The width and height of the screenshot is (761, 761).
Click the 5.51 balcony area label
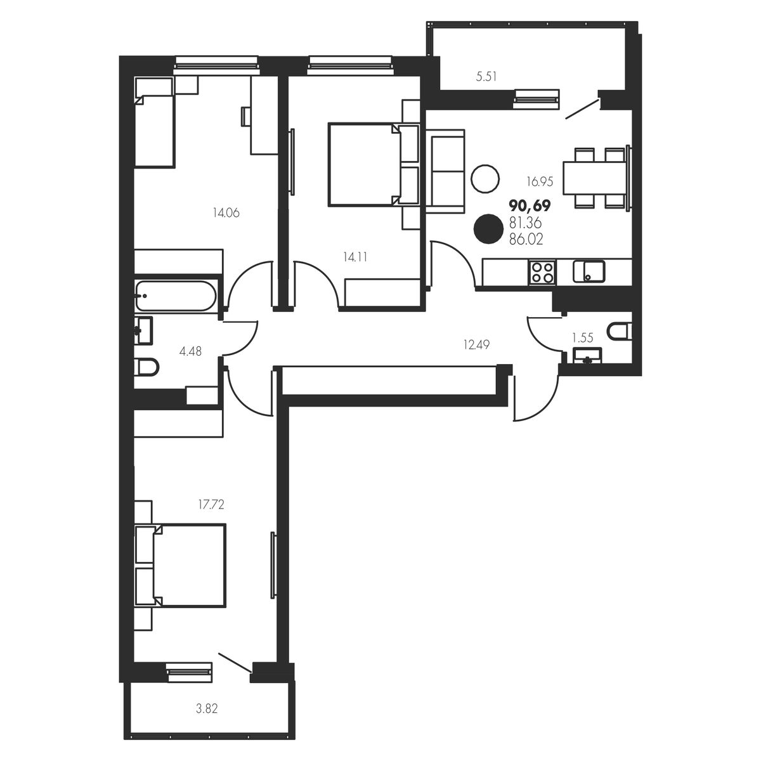pyautogui.click(x=486, y=76)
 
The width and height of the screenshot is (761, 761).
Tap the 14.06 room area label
pyautogui.click(x=226, y=213)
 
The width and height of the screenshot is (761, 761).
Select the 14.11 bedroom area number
pyautogui.click(x=355, y=257)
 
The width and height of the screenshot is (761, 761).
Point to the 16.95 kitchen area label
pyautogui.click(x=540, y=181)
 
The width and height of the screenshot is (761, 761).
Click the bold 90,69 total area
pyautogui.click(x=530, y=205)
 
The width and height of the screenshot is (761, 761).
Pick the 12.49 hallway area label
pyautogui.click(x=476, y=345)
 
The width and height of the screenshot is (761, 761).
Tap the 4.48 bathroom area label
pyautogui.click(x=190, y=351)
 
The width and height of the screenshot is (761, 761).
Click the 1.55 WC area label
pyautogui.click(x=583, y=337)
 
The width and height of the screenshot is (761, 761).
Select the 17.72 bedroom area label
pyautogui.click(x=211, y=504)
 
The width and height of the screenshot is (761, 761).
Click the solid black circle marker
pyautogui.click(x=488, y=229)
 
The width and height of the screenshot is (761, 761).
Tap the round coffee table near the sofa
pyautogui.click(x=485, y=178)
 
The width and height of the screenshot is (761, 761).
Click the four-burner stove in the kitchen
pyautogui.click(x=542, y=273)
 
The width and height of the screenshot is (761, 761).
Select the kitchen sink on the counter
pyautogui.click(x=589, y=271)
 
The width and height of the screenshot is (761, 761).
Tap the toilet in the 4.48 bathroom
pyautogui.click(x=146, y=367)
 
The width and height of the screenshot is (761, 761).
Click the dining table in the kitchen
pyautogui.click(x=595, y=178)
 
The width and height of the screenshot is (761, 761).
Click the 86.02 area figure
pyautogui.click(x=526, y=239)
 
